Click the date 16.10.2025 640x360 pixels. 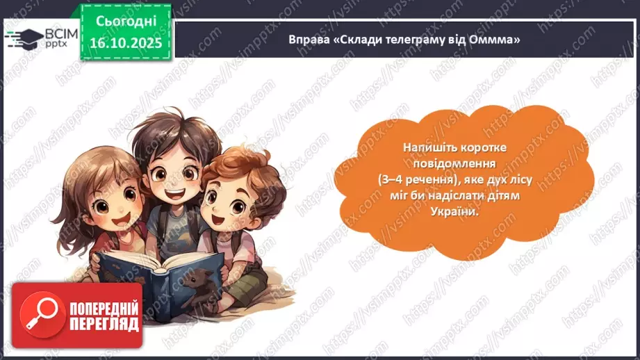point(125,42)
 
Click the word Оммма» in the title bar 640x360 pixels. point(498,40)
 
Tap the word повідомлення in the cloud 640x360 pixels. point(462,165)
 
